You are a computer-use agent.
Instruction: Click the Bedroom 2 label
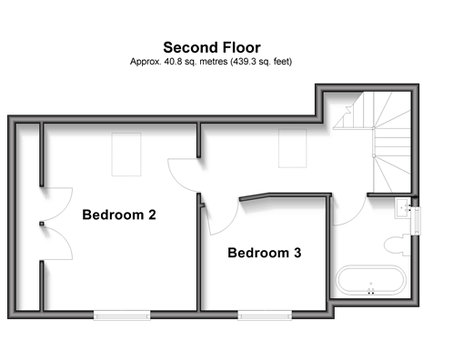click(119, 215)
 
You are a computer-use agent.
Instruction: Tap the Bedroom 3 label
click(265, 253)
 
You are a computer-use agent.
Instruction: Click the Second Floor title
click(212, 47)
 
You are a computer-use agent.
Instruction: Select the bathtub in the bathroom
click(371, 280)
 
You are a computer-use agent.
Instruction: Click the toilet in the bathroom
click(398, 245)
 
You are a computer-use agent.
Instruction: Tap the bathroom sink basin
click(403, 208)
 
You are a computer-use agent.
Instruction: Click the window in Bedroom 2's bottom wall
click(122, 315)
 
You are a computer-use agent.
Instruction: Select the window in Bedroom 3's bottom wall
click(265, 315)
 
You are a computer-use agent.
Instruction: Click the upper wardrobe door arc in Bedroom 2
click(65, 208)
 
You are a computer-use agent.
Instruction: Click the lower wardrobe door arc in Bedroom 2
click(65, 239)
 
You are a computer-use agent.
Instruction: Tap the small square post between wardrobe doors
click(42, 224)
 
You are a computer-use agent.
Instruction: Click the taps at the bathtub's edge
click(371, 292)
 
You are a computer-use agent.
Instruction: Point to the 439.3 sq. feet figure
click(261, 62)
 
